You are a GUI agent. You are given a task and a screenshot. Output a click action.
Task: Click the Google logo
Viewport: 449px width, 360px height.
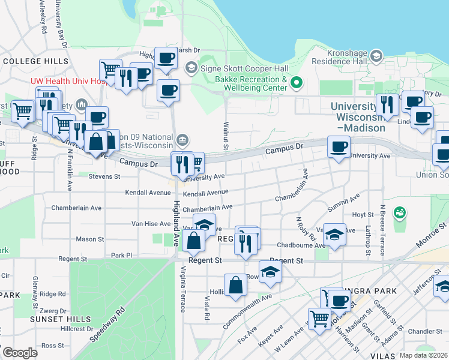click(20, 353)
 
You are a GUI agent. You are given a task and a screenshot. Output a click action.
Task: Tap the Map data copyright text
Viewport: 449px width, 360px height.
click(423, 355)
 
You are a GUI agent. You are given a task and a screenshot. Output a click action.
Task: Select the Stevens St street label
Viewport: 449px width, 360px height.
click(104, 177)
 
